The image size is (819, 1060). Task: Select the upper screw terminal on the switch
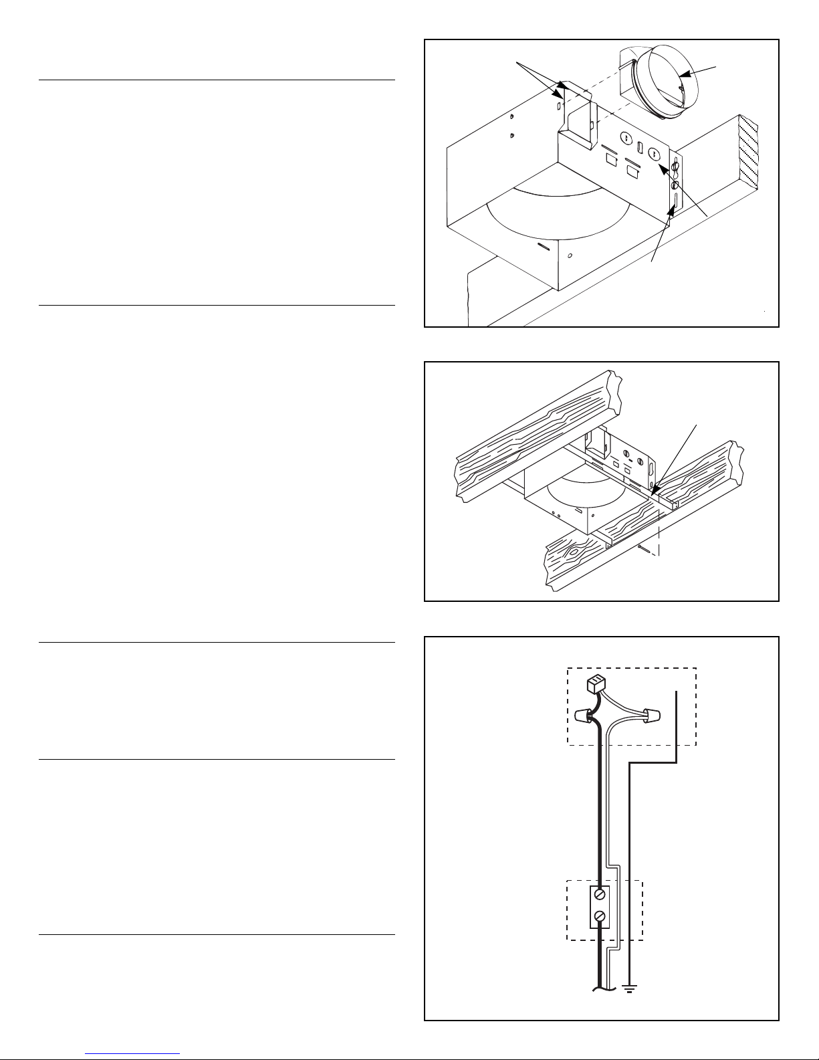coord(600,894)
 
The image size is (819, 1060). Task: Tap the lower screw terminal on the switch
coord(600,916)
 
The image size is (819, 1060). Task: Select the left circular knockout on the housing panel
coord(626,138)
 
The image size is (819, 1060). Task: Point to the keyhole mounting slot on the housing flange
coord(675,165)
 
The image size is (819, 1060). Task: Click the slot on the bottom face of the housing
coord(544,246)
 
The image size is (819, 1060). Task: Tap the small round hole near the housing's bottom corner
coord(570,255)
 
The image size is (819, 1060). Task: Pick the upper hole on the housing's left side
coord(511,118)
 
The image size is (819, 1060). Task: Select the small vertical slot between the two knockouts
coord(638,146)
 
